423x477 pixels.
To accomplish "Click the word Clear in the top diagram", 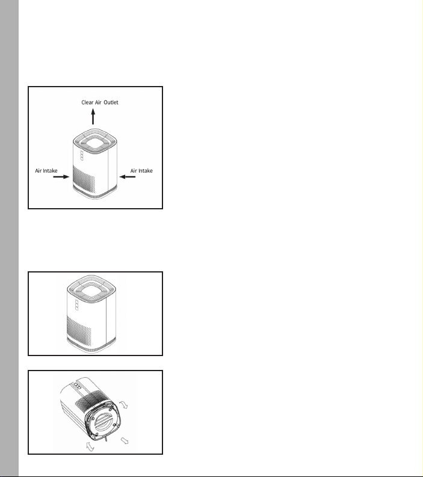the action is pos(87,102).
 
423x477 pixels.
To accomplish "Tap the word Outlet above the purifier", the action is pos(111,102).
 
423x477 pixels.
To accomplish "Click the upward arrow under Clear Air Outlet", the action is pos(93,117).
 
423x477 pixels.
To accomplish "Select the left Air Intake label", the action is pos(46,171).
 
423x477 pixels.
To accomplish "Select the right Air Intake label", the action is pos(141,171).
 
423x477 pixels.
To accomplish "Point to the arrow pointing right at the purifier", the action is pos(61,177).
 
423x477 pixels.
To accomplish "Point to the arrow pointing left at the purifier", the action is pos(128,177).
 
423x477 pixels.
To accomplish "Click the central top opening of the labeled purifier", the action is pos(95,141).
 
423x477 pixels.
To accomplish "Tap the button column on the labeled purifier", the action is pos(82,155).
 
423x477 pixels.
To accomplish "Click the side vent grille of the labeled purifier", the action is pos(84,179).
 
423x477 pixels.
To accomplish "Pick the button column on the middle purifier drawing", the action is pos(76,305).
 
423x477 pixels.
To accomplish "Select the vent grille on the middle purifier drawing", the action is pos(78,331).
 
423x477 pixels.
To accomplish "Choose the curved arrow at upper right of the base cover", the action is pos(123,404).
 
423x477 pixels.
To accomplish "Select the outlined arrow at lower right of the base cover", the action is pos(125,440).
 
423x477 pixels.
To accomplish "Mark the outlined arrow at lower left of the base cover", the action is pos(90,446).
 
